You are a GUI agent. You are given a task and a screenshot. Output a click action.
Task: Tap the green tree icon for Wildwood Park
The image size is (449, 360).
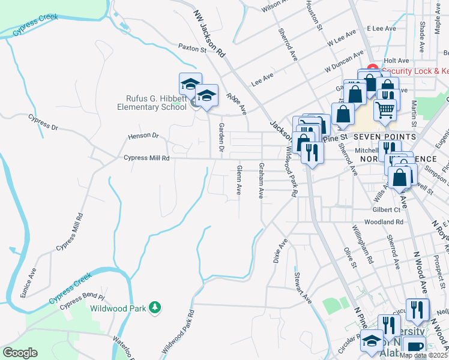[x=155, y=308]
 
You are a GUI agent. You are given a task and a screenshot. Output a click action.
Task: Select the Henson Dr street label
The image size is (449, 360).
[x=142, y=136]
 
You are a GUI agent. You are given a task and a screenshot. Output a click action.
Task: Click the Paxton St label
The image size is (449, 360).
[x=192, y=47]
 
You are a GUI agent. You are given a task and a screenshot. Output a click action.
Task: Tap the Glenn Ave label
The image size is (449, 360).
[x=239, y=180]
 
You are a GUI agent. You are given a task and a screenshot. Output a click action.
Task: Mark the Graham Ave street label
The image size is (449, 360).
[x=261, y=180]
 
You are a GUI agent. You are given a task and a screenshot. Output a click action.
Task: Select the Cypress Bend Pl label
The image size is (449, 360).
[x=82, y=298]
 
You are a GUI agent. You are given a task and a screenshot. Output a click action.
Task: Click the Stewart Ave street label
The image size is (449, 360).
[x=303, y=287]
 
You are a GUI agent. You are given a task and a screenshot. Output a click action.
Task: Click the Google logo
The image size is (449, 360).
[x=20, y=353]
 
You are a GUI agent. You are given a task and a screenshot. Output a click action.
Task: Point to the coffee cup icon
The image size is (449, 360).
[x=414, y=347]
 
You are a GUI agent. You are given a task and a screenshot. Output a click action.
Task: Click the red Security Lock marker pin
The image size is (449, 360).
[x=372, y=69]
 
